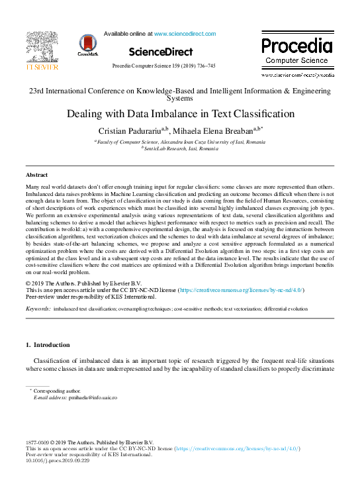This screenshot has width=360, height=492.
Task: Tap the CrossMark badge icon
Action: (87, 44)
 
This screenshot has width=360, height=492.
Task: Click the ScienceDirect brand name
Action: (161, 52)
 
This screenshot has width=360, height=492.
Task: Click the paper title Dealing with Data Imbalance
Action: (180, 113)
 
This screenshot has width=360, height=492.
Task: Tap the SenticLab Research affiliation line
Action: (180, 148)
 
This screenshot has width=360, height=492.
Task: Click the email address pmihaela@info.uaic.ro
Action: (92, 397)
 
